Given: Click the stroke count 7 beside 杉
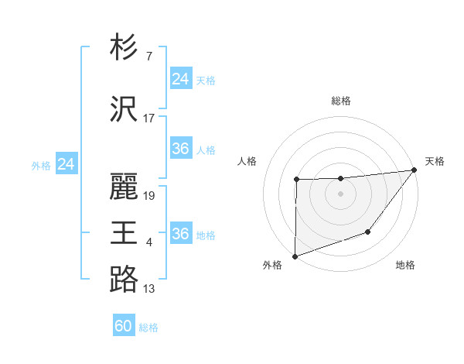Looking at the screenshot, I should [x=148, y=57].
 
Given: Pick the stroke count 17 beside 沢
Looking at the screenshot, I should [x=148, y=118].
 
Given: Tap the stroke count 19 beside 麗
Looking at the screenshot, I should [x=149, y=196].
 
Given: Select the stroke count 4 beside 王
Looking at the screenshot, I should [x=148, y=242].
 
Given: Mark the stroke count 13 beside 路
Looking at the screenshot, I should [x=148, y=289].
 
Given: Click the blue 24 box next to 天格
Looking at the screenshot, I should [x=180, y=79].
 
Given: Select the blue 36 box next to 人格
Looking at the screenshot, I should [x=180, y=149].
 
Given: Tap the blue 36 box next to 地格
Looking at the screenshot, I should [x=180, y=234].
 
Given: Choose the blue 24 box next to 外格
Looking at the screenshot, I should [x=67, y=164].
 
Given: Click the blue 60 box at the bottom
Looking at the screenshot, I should [x=124, y=326].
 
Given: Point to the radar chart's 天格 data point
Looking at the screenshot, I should [x=415, y=170].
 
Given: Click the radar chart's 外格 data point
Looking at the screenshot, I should [x=295, y=256].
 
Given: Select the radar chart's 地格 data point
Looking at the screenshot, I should [x=368, y=232].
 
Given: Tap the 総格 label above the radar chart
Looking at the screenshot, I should [x=340, y=101].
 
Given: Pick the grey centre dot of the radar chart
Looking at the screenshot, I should [x=340, y=194].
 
